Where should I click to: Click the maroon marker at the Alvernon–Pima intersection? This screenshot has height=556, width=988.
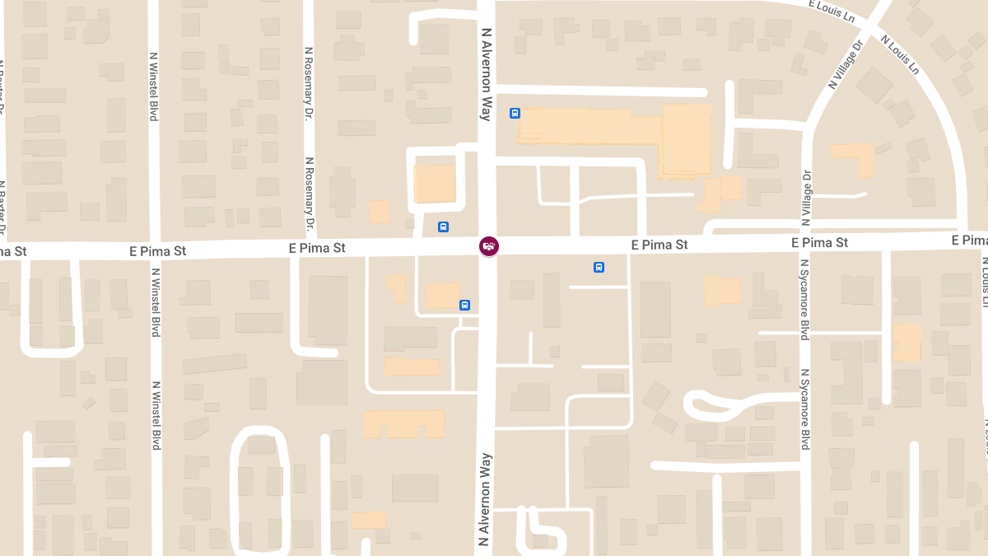tap(489, 246)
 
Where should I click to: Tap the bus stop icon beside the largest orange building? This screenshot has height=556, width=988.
tap(515, 114)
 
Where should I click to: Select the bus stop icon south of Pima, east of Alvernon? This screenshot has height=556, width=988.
tap(599, 267)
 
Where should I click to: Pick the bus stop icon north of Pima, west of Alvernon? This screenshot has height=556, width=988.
tap(443, 227)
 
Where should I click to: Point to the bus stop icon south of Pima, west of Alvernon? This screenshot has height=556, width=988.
tap(464, 305)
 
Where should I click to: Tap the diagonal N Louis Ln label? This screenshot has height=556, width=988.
tap(898, 54)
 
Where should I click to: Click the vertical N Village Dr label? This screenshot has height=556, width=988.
tap(807, 198)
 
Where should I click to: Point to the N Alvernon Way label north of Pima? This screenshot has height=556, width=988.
tap(487, 74)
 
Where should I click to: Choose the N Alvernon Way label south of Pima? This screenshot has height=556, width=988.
tap(485, 499)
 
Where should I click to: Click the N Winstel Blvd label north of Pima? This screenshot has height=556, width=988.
tap(154, 86)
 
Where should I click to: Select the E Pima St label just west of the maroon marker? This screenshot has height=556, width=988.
tap(317, 248)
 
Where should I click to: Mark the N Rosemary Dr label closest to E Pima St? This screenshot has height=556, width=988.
tap(310, 194)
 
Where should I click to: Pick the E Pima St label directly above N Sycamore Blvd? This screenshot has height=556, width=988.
tap(819, 243)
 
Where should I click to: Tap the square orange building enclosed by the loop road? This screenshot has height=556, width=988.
tap(434, 183)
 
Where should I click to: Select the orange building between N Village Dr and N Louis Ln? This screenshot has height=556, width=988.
tap(856, 157)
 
